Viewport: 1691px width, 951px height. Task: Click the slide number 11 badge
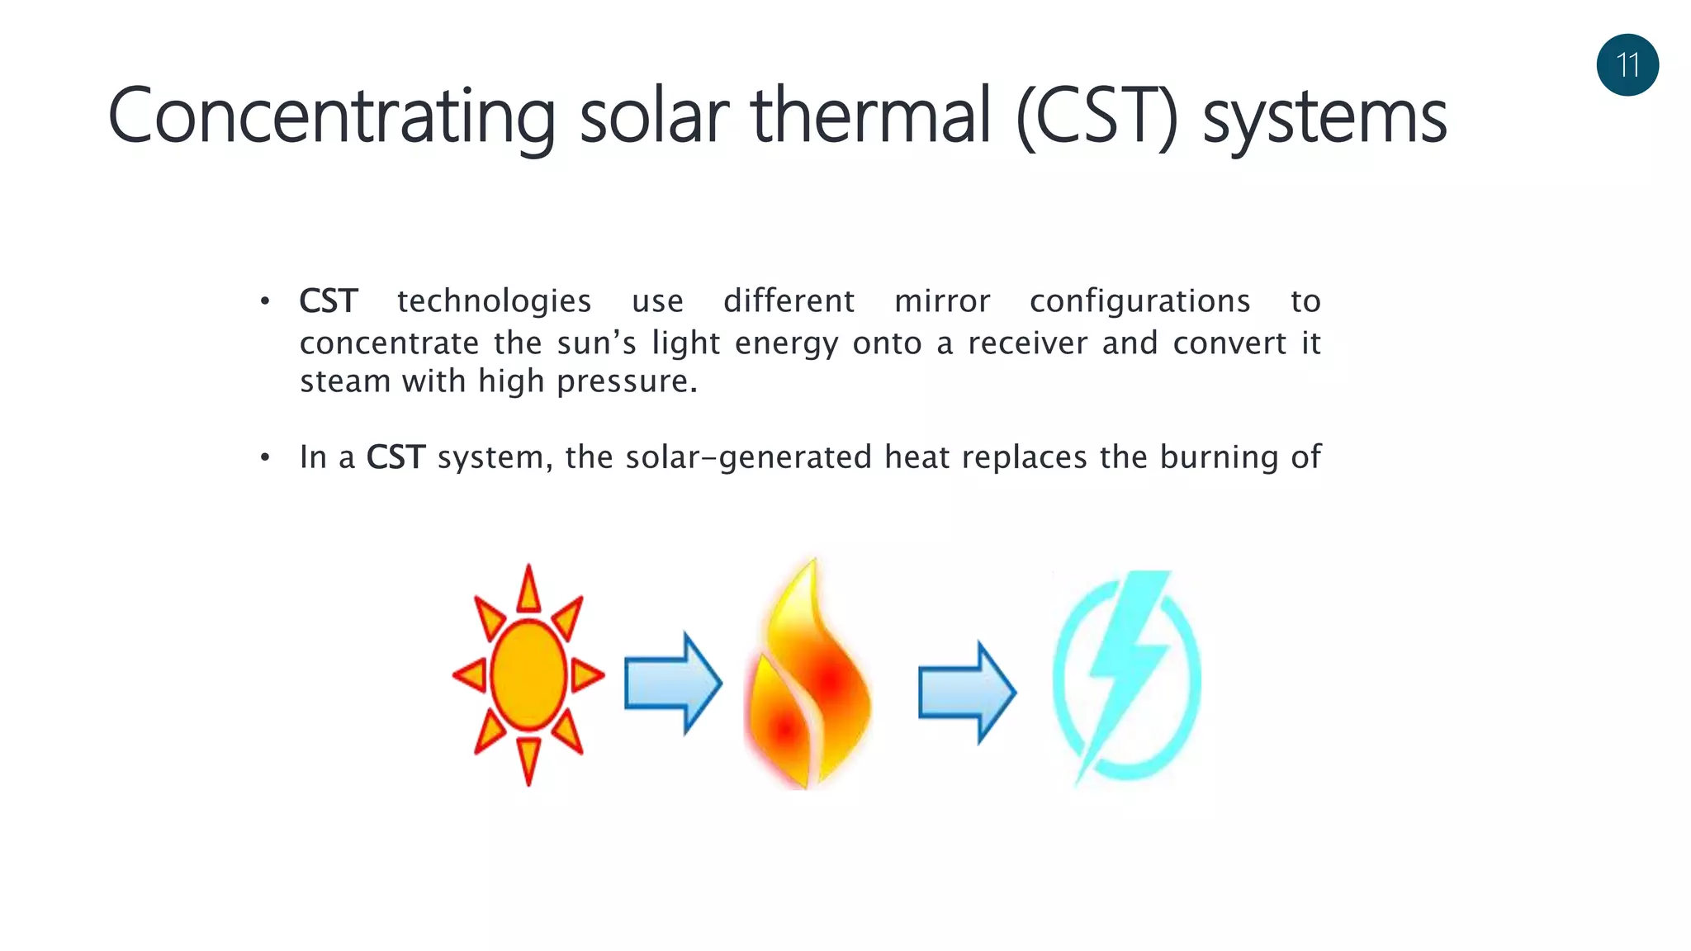pyautogui.click(x=1627, y=65)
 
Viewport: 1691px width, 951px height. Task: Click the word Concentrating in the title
pyautogui.click(x=331, y=116)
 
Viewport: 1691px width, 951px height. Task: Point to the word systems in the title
pyautogui.click(x=1324, y=118)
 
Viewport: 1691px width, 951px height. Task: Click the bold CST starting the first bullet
pyautogui.click(x=329, y=301)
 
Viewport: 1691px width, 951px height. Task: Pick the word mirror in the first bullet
pyautogui.click(x=942, y=301)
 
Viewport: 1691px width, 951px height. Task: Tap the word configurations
pyautogui.click(x=1139, y=302)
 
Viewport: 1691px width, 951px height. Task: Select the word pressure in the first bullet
pyautogui.click(x=627, y=382)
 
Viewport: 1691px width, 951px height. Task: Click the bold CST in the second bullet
pyautogui.click(x=396, y=457)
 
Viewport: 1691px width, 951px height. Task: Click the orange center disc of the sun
pyautogui.click(x=528, y=675)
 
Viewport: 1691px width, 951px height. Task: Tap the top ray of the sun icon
pyautogui.click(x=528, y=589)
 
